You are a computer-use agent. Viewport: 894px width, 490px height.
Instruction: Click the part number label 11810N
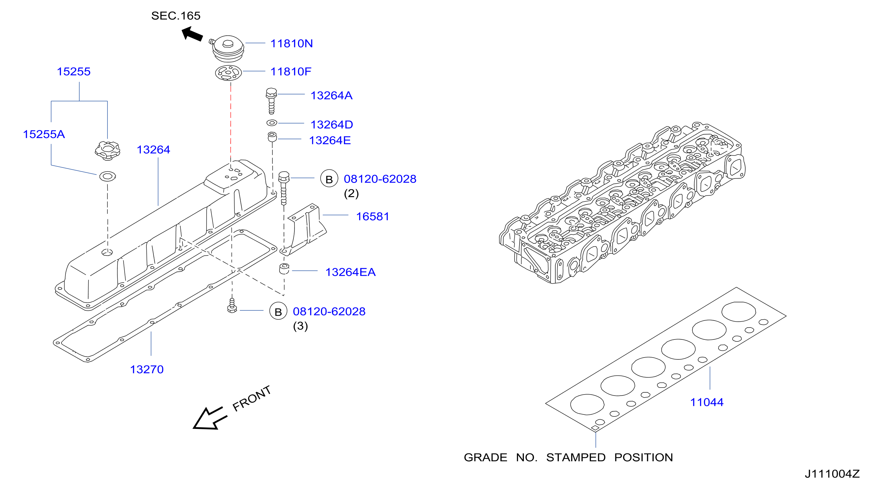coord(292,43)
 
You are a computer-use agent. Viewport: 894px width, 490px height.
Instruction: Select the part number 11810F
coord(291,71)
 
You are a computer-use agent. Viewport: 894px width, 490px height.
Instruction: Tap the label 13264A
coord(331,95)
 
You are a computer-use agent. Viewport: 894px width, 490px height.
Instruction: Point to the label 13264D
coord(331,124)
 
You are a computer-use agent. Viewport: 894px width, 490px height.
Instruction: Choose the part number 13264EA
coord(351,272)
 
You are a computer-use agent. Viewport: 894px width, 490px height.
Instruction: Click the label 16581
coord(373,216)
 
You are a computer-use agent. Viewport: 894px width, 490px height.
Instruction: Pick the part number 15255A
coord(44,134)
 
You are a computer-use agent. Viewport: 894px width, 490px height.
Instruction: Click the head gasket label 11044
coord(707,402)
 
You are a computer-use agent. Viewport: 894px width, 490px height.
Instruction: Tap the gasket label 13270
coord(147,370)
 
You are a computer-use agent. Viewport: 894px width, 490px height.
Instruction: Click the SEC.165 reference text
coord(176,16)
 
